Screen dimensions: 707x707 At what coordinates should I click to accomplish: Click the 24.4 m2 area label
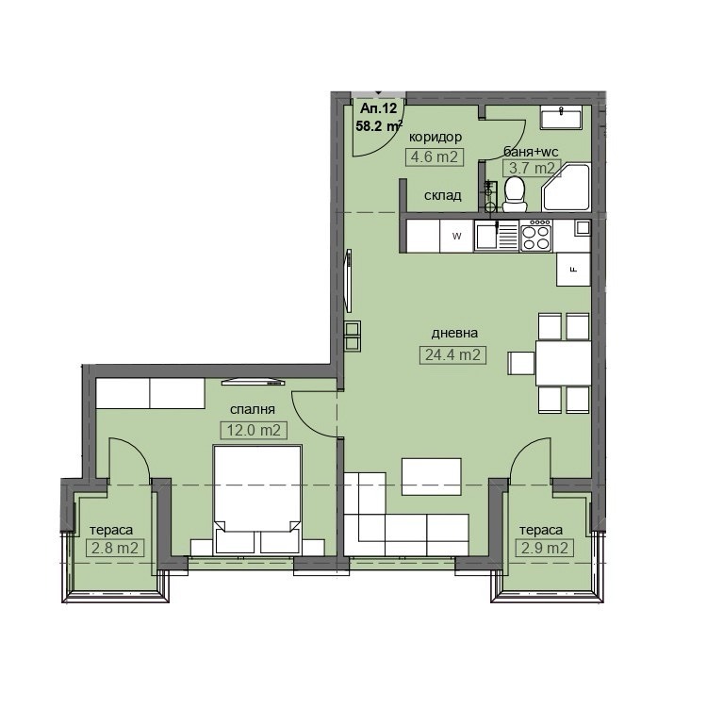[x=452, y=354]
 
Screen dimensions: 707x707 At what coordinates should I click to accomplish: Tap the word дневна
[x=454, y=333]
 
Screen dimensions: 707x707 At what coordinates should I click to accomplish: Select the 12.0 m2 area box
[x=254, y=430]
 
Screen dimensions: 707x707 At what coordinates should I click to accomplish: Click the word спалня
[x=253, y=409]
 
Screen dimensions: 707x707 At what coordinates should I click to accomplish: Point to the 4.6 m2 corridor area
[x=435, y=156]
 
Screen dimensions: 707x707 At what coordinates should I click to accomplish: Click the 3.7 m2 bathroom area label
[x=532, y=168]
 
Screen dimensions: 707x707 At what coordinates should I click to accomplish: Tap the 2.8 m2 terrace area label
[x=114, y=549]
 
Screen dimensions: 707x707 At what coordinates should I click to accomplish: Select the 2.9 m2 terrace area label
[x=544, y=549]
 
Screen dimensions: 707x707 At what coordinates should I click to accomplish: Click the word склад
[x=443, y=195]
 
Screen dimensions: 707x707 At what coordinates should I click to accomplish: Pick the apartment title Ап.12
[x=378, y=108]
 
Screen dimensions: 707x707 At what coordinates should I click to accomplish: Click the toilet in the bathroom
[x=514, y=194]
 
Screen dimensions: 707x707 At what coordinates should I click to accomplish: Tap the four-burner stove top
[x=536, y=235]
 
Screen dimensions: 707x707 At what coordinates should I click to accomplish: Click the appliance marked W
[x=457, y=236]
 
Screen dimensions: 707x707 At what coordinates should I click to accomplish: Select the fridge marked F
[x=573, y=270]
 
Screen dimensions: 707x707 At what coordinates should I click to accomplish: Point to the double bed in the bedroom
[x=257, y=500]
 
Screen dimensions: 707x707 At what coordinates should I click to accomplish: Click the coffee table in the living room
[x=432, y=477]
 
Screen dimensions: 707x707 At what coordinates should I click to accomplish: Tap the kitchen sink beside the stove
[x=497, y=236]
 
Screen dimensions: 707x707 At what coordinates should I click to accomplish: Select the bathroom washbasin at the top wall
[x=562, y=116]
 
